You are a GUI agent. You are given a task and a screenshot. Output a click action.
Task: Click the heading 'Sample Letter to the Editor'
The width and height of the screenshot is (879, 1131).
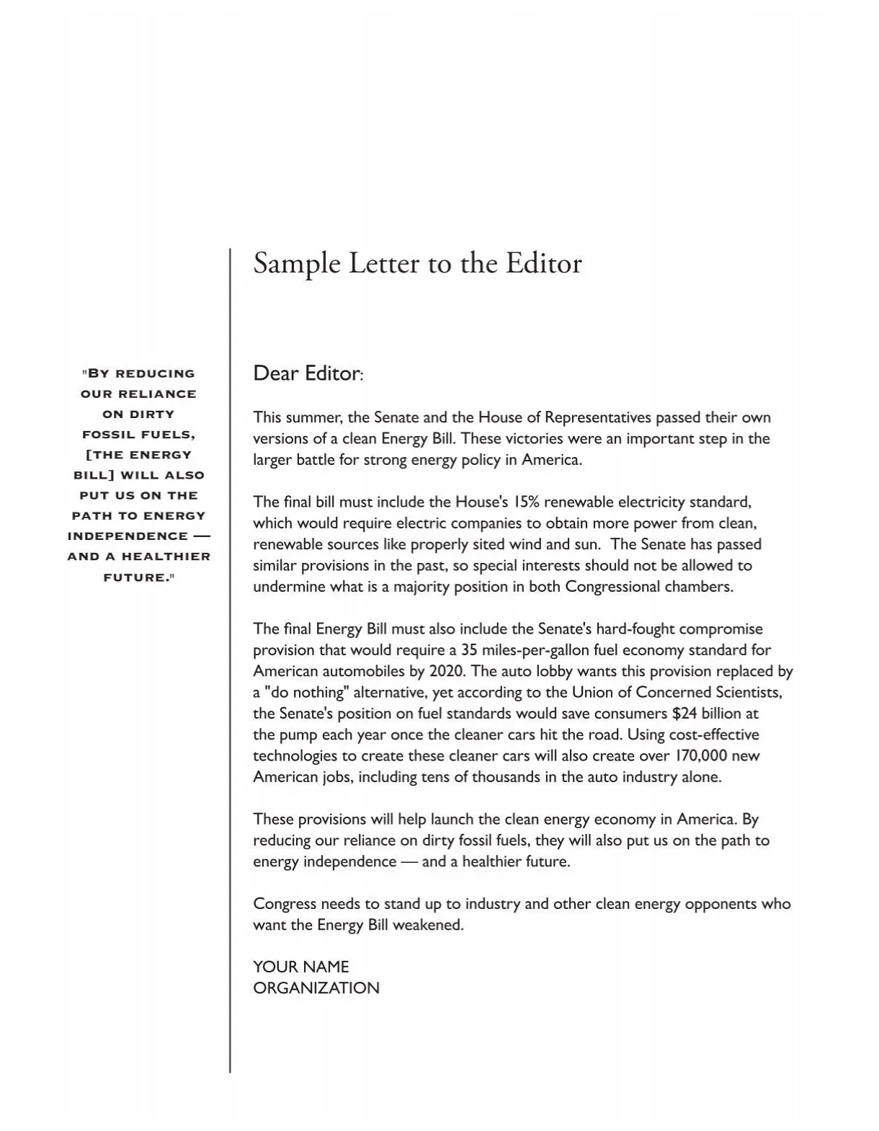pyautogui.click(x=417, y=264)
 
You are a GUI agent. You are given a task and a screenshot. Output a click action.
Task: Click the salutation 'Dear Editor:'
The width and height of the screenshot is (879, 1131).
pyautogui.click(x=308, y=373)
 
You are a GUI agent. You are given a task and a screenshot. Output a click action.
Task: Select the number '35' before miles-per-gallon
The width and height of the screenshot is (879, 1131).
pyautogui.click(x=470, y=650)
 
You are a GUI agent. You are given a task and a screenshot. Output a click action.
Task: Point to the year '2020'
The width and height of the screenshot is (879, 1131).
pyautogui.click(x=447, y=671)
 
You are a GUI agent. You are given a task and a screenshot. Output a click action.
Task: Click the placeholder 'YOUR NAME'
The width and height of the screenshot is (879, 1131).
pyautogui.click(x=300, y=967)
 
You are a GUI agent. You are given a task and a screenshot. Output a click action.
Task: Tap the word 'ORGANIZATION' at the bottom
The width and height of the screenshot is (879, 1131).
pyautogui.click(x=316, y=988)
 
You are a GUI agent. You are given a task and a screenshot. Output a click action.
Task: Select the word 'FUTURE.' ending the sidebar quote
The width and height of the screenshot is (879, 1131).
pyautogui.click(x=137, y=577)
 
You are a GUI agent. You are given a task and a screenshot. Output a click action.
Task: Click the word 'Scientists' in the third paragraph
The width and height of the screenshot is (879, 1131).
pyautogui.click(x=748, y=693)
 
